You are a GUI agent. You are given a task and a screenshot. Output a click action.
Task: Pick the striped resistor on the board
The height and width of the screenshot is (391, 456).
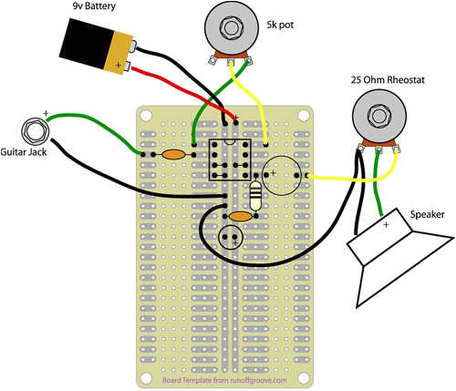tap(256, 193)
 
